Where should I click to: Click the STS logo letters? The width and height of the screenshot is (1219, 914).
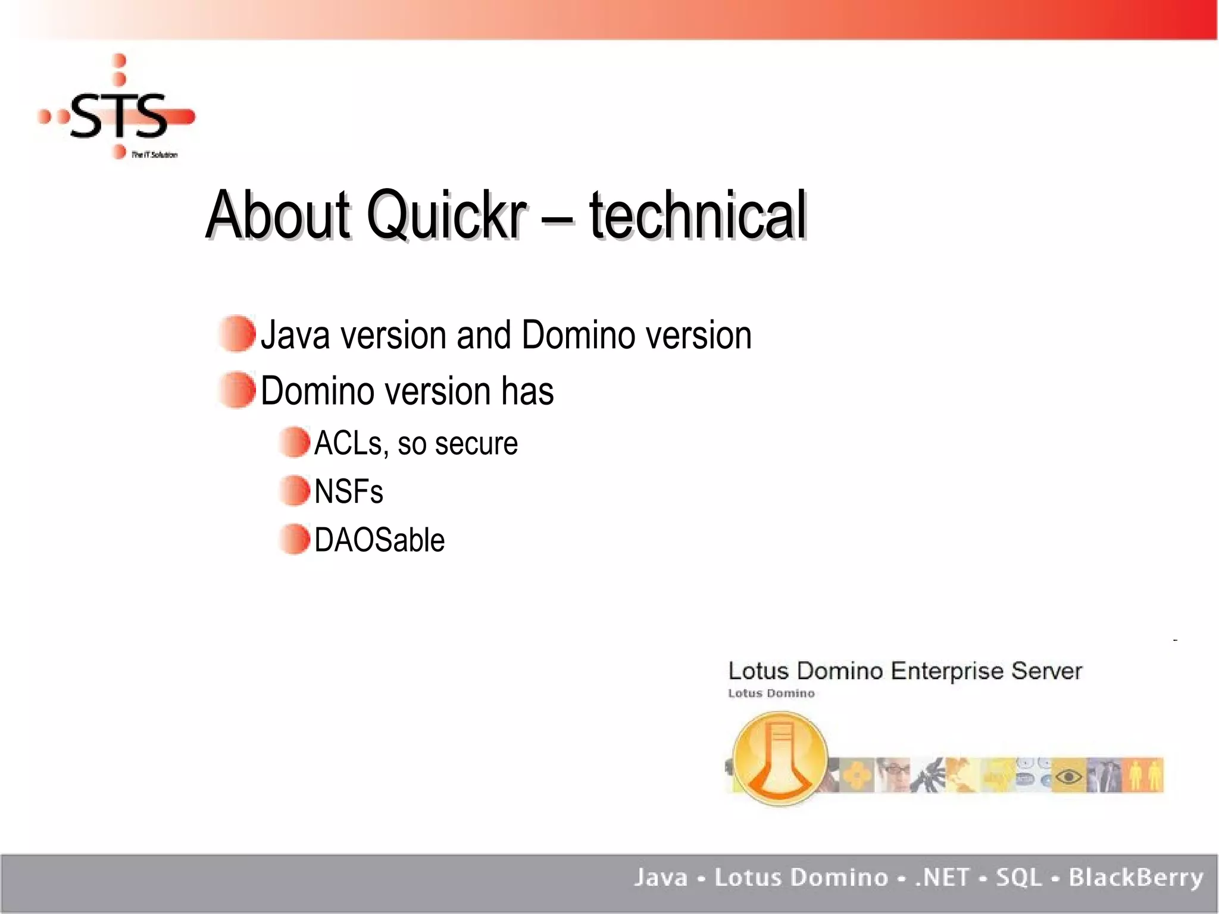tap(119, 116)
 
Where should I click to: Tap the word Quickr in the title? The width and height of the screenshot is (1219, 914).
tap(446, 215)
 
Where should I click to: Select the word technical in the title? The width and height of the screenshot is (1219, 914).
tap(698, 215)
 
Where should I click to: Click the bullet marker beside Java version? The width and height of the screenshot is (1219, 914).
tap(237, 334)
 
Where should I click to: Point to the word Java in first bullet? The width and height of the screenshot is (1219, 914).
tap(295, 335)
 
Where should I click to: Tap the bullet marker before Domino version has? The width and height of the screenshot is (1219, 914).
tap(237, 390)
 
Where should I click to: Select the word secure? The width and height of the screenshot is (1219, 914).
tap(476, 445)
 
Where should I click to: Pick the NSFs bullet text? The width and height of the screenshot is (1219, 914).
tap(349, 492)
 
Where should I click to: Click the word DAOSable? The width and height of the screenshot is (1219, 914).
tap(379, 540)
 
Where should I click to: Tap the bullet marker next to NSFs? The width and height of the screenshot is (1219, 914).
tap(295, 491)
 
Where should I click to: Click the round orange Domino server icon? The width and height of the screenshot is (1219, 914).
tap(780, 759)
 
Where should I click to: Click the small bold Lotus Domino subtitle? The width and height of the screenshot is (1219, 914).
tap(771, 693)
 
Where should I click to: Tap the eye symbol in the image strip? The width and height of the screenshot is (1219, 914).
tap(1068, 776)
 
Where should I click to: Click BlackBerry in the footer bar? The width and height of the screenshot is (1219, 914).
tap(1136, 878)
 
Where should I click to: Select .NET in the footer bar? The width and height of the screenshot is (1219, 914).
tap(942, 878)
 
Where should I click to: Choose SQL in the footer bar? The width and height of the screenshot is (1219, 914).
tap(1019, 878)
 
